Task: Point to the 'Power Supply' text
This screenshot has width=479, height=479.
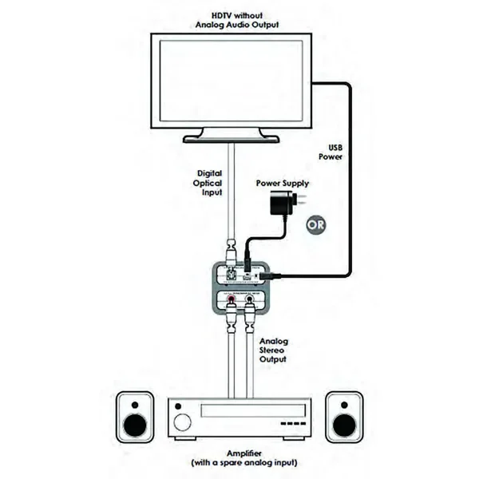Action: tap(283, 184)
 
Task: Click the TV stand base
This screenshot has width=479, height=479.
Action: tap(232, 138)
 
